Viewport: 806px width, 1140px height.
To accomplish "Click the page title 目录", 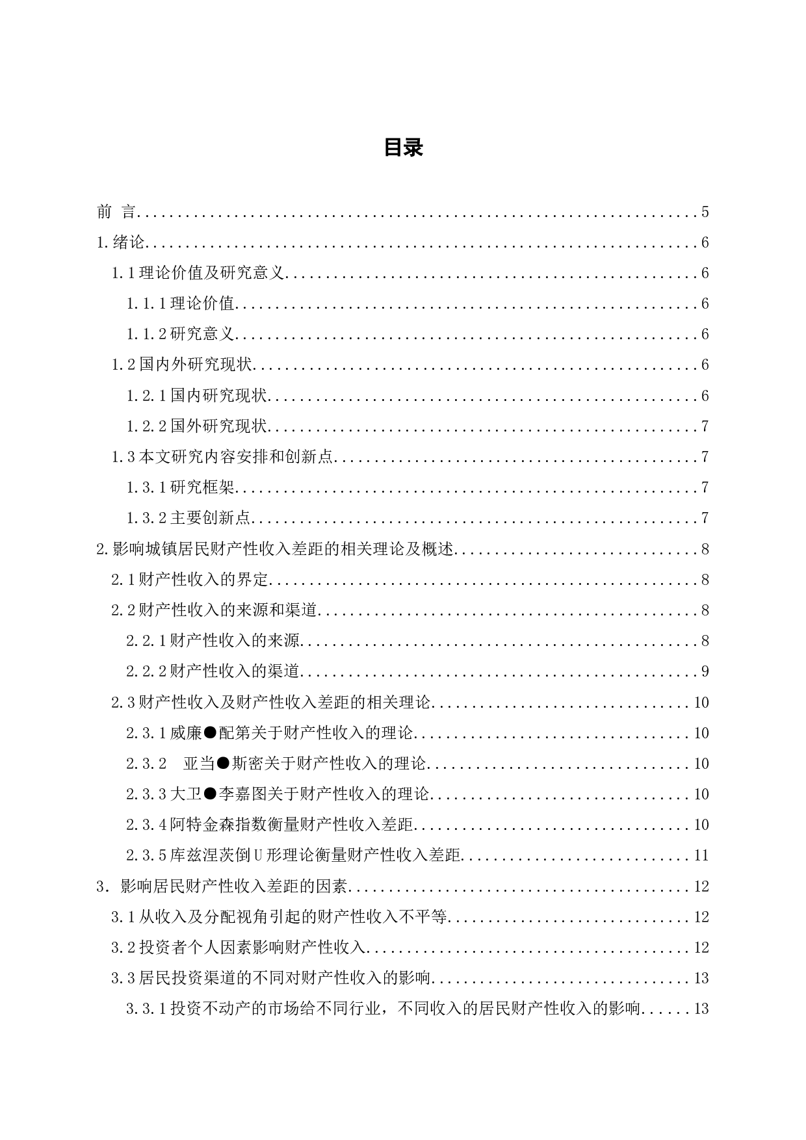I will (403, 148).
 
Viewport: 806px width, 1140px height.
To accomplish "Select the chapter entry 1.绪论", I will (121, 242).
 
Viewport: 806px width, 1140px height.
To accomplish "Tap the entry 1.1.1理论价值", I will (180, 304).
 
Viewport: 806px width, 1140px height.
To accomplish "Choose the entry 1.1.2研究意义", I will (180, 334).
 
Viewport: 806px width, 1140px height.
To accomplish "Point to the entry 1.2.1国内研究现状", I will (197, 396).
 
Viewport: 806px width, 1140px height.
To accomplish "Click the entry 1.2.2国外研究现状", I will (197, 426).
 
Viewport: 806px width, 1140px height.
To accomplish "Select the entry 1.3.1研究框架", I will (180, 487).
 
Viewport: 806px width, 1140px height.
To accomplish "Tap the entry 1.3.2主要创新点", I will (188, 518).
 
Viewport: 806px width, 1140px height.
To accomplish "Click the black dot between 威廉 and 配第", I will (210, 733).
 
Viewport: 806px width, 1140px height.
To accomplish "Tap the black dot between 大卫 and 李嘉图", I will (210, 794).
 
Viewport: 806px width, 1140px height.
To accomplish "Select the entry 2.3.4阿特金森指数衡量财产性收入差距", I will (270, 825).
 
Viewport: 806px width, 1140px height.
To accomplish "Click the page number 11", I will (701, 855).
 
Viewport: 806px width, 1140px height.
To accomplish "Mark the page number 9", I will (705, 671).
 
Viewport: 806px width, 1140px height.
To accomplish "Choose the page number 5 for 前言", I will (705, 212).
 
